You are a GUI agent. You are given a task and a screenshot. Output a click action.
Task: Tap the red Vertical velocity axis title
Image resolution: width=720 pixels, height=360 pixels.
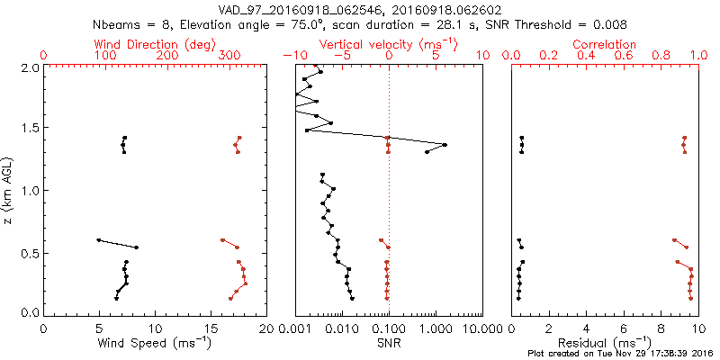click(388, 44)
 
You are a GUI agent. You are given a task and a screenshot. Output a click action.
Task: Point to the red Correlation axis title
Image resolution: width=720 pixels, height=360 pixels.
click(605, 44)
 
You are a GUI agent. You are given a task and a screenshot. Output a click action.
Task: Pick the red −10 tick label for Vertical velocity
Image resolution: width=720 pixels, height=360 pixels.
click(292, 56)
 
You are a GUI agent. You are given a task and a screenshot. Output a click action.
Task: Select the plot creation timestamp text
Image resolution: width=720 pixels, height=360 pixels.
click(621, 354)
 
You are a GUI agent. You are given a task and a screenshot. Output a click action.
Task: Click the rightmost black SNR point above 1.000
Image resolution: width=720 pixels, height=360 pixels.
click(445, 144)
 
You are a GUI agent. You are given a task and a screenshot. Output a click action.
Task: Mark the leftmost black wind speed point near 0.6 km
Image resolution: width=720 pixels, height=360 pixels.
click(98, 240)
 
